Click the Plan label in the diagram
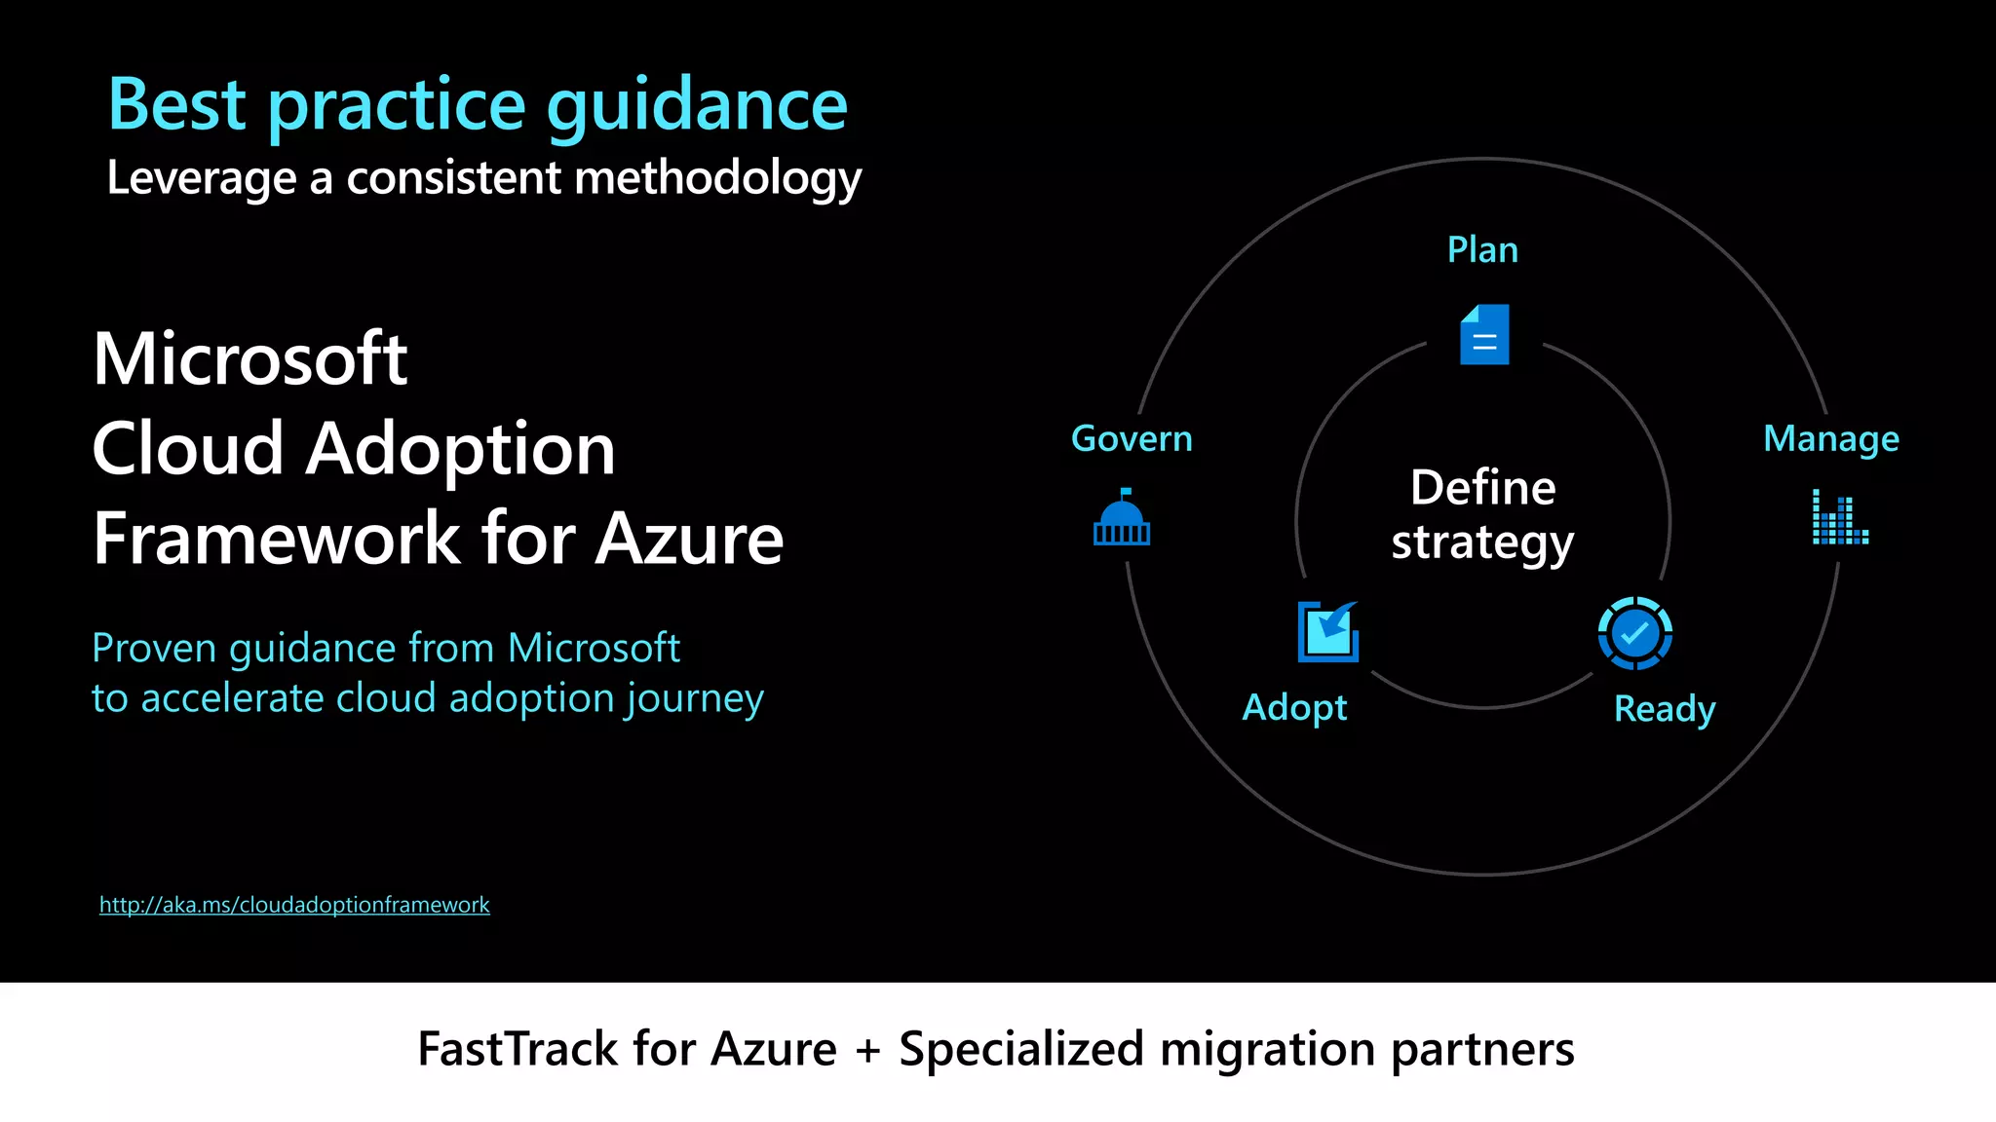coord(1482,250)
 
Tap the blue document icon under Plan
coord(1484,335)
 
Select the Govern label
coord(1132,439)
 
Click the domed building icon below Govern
coord(1122,519)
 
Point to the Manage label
coord(1831,439)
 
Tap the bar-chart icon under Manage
coord(1840,517)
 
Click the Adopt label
coord(1294,708)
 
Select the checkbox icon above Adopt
coord(1327,632)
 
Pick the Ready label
coord(1665,709)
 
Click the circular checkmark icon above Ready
coord(1635,633)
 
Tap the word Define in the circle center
coord(1482,488)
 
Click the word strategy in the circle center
coord(1482,542)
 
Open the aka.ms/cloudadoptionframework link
coord(294,905)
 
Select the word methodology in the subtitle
coord(718,179)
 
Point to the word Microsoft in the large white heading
coord(250,358)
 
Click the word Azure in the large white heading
coord(689,539)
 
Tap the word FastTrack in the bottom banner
coord(518,1049)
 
